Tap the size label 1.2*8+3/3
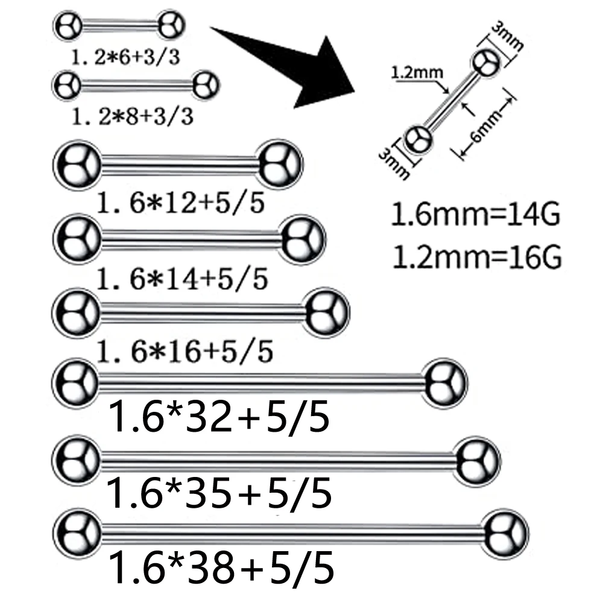click(x=132, y=115)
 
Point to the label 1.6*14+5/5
click(x=182, y=278)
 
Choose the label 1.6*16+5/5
click(x=185, y=350)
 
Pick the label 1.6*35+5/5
click(x=218, y=494)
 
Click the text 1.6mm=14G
click(x=476, y=215)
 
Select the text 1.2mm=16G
click(x=476, y=257)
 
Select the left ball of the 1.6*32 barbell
click(x=75, y=382)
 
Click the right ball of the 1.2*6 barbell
click(x=171, y=27)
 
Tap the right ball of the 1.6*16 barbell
click(x=327, y=312)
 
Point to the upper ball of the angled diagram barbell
click(x=486, y=62)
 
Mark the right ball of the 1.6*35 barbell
click(x=478, y=461)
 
